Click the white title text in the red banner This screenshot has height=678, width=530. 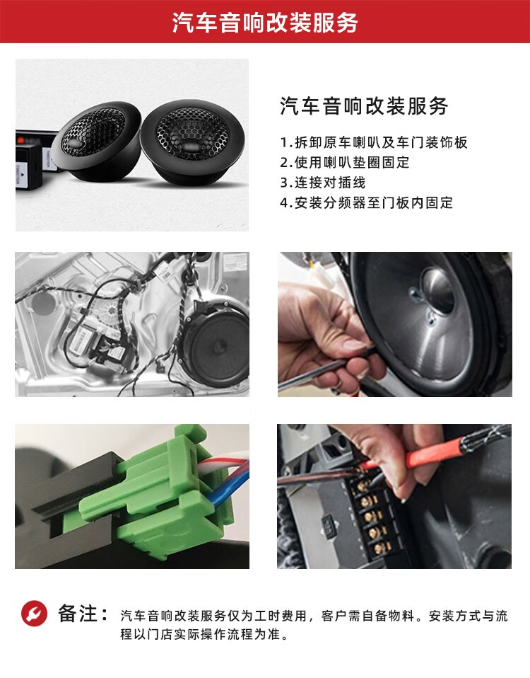point(265,22)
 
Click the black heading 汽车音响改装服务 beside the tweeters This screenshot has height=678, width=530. point(364,106)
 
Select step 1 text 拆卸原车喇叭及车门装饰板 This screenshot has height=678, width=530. point(374,142)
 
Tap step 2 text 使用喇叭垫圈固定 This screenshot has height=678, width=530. point(344,163)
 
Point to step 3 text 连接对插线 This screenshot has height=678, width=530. point(322,183)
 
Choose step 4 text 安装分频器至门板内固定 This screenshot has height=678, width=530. point(367,202)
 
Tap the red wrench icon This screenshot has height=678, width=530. point(34,613)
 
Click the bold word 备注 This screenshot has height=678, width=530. point(78,614)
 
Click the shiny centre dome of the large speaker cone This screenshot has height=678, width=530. point(437,290)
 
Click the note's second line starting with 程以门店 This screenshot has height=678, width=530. point(204,634)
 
